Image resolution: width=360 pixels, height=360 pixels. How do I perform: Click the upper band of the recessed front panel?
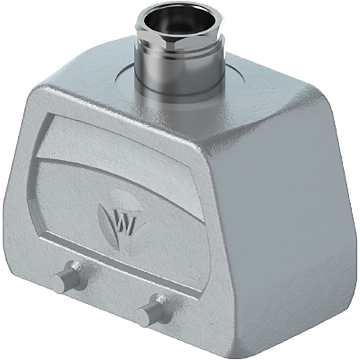pos(112,137)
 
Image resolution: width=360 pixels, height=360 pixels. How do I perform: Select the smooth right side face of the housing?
pos(288,216)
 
